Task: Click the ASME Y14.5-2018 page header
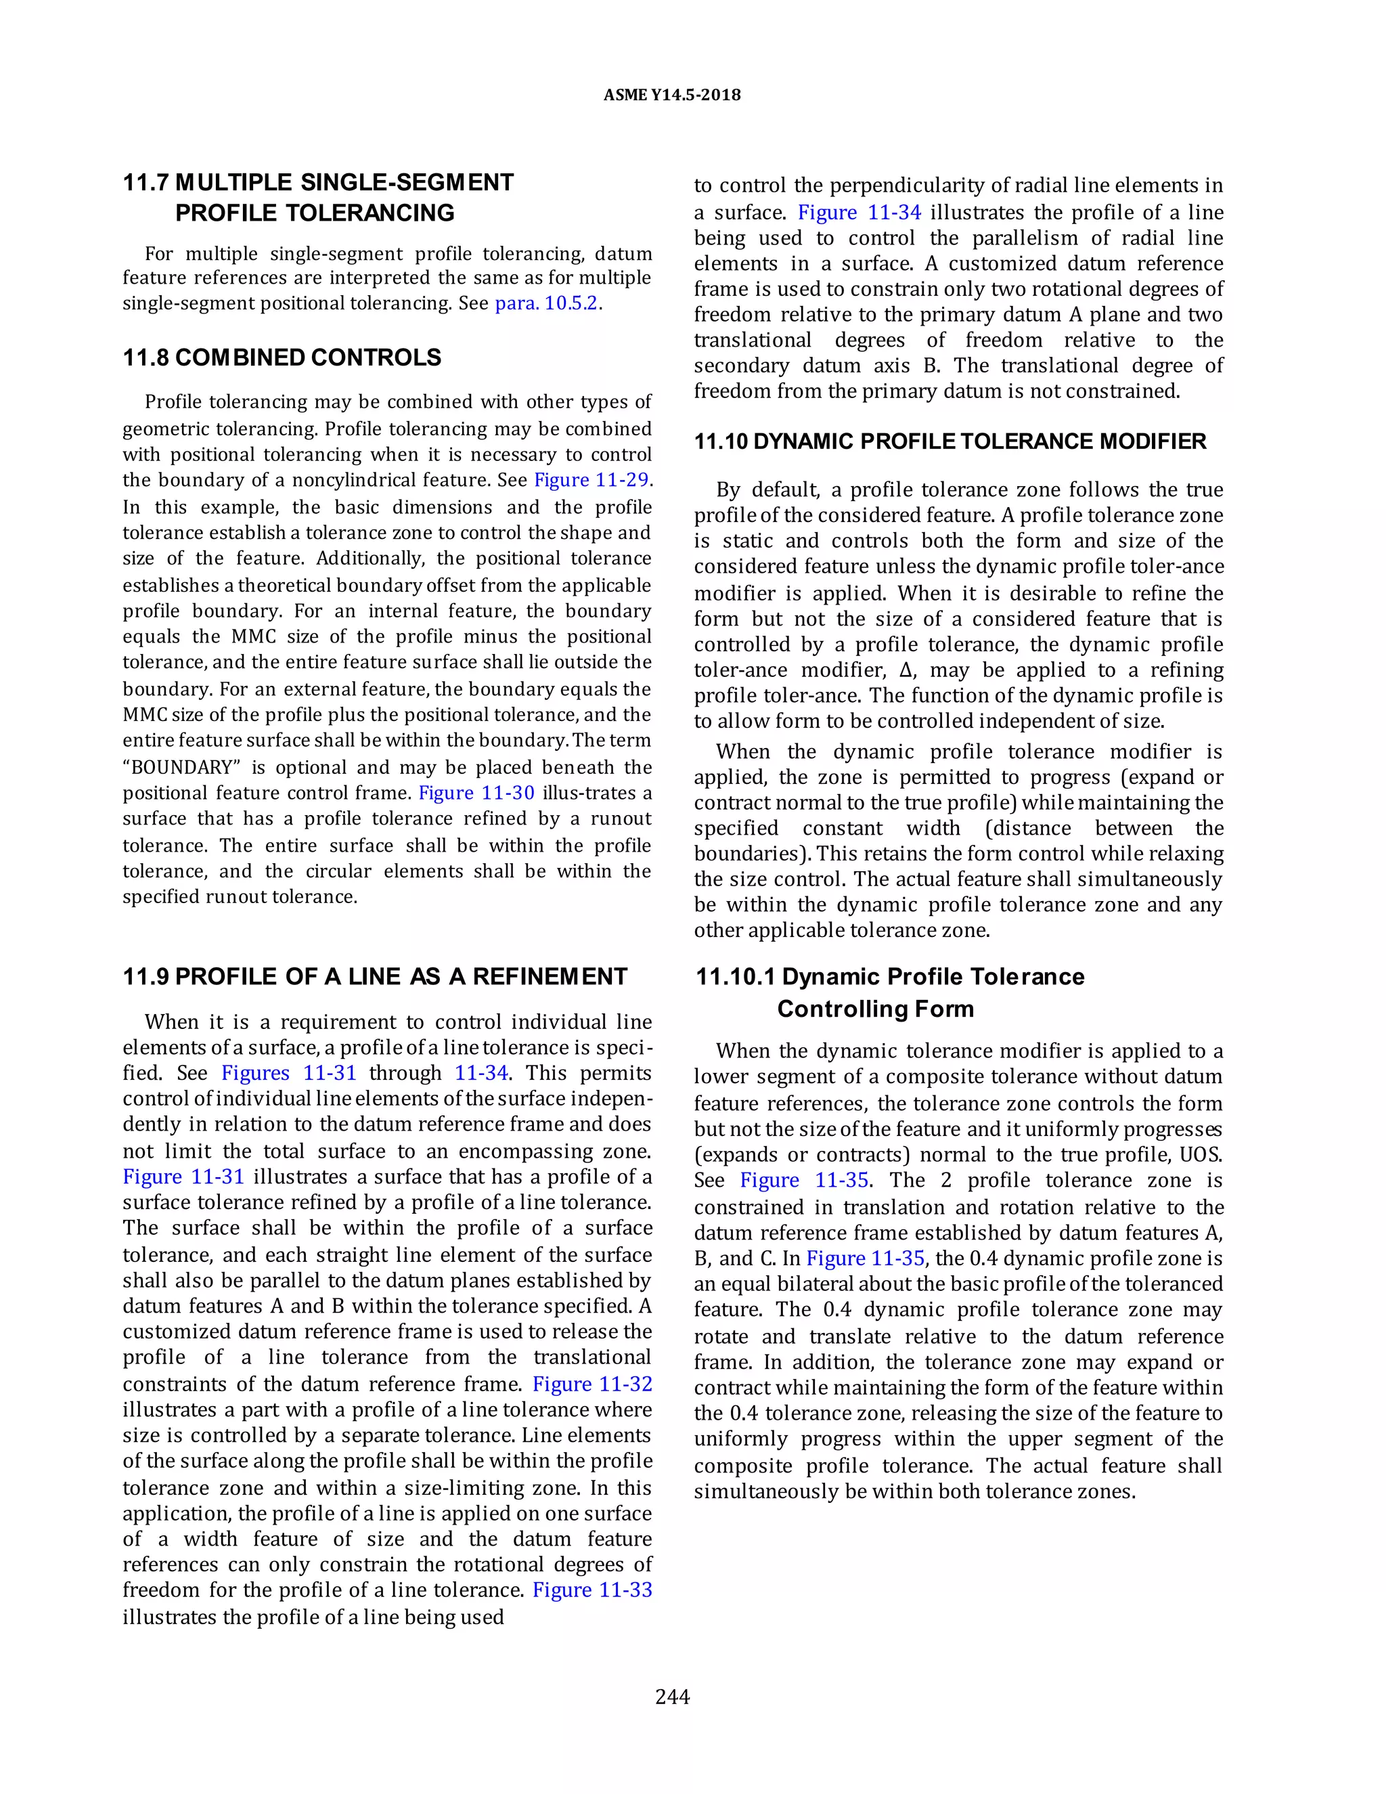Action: (x=671, y=95)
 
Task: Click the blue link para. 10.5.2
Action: (x=546, y=303)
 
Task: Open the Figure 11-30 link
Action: (x=476, y=793)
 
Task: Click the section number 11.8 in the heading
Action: (x=146, y=358)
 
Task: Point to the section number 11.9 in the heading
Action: (x=146, y=977)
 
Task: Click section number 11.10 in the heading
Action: (x=720, y=442)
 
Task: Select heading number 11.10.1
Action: (x=736, y=977)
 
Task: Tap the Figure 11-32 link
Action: (x=592, y=1384)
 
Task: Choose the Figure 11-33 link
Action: (x=592, y=1590)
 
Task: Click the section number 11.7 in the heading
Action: (x=146, y=182)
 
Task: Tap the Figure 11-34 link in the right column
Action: (x=859, y=213)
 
